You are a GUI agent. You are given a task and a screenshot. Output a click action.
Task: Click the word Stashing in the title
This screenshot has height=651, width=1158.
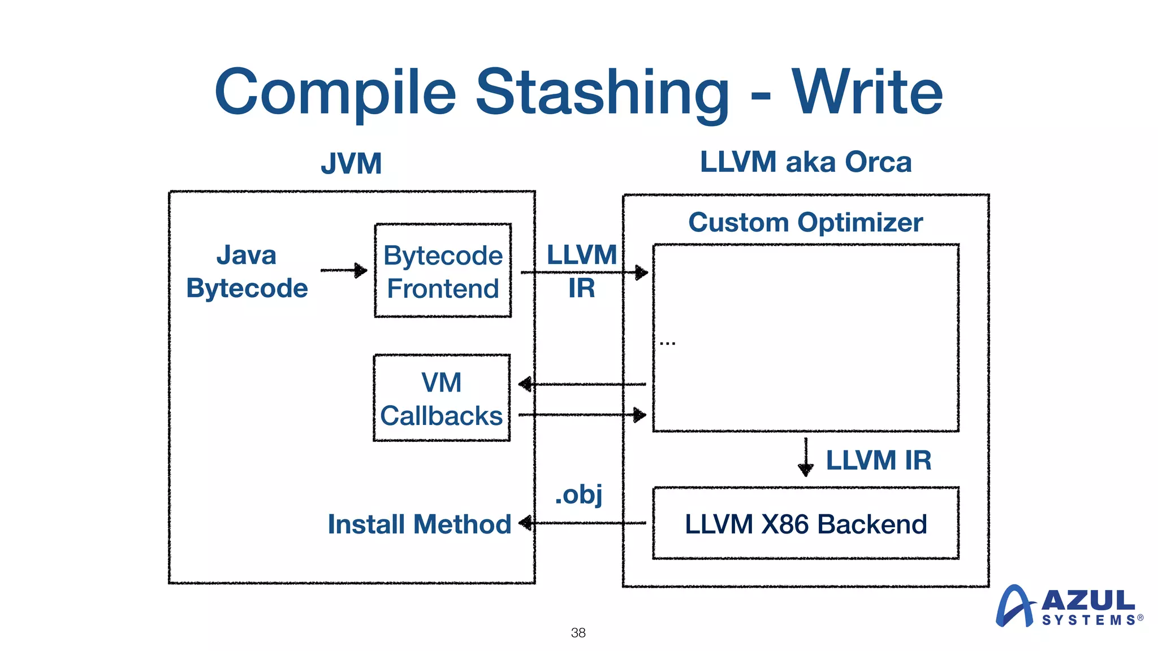(x=602, y=93)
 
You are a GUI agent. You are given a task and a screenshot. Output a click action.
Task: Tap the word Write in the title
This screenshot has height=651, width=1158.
(x=867, y=93)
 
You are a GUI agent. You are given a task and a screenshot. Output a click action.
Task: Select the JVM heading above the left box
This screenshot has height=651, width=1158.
(x=351, y=164)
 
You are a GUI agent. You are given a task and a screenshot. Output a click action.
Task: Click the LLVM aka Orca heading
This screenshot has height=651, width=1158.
(x=805, y=162)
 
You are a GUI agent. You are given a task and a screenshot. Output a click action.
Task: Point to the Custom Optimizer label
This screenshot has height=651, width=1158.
(x=805, y=222)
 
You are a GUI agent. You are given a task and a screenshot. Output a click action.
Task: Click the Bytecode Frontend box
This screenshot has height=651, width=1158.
(x=443, y=271)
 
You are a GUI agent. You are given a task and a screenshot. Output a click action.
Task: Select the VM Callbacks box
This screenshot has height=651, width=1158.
(x=442, y=398)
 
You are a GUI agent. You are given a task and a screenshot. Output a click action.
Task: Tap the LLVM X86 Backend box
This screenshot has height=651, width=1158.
(x=805, y=523)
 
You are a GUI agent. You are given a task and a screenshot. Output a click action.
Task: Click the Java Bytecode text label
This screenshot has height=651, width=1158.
(x=247, y=271)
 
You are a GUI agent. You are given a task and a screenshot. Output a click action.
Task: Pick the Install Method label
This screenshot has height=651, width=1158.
(x=419, y=524)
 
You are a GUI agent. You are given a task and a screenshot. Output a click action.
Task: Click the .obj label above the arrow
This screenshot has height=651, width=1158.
(x=578, y=494)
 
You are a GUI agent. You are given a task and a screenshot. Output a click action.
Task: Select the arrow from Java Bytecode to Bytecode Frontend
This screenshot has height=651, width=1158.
(x=344, y=270)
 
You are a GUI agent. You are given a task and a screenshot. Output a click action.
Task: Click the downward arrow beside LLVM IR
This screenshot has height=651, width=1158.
(x=806, y=457)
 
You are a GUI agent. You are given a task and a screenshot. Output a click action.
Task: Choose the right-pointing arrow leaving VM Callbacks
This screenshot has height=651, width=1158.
(x=582, y=415)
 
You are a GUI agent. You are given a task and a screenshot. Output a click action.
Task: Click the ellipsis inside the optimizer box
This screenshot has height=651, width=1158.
(x=667, y=343)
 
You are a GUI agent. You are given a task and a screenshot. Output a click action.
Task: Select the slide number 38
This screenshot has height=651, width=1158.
(x=578, y=632)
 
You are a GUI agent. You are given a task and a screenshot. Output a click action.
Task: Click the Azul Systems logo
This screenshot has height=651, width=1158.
(x=1069, y=606)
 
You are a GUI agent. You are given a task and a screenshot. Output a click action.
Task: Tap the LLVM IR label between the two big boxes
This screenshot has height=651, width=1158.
(x=581, y=271)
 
